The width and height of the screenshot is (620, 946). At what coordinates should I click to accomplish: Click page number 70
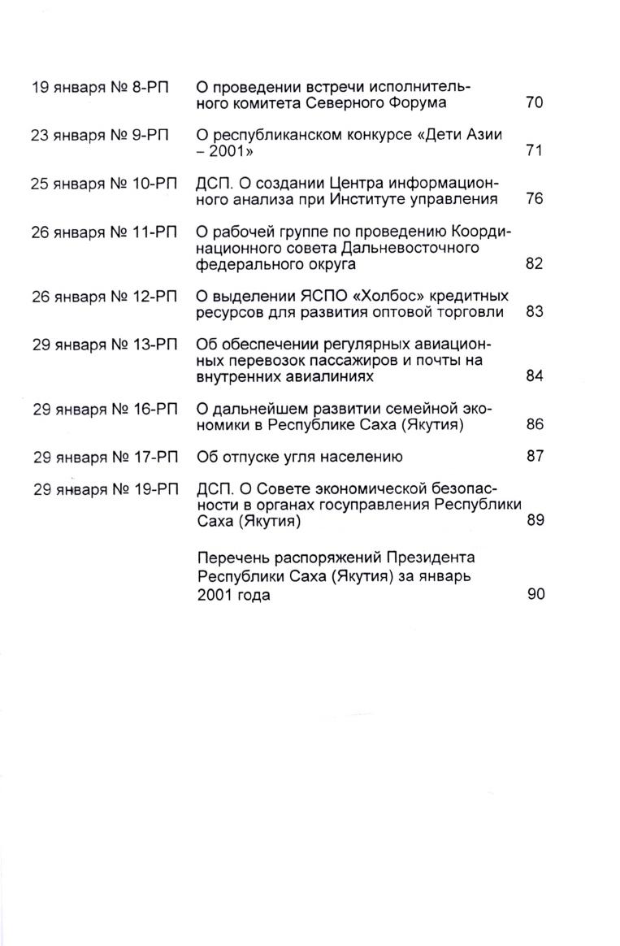pos(534,103)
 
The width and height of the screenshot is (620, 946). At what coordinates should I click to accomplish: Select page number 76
pos(534,199)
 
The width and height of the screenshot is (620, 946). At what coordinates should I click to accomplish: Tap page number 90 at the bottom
pos(535,595)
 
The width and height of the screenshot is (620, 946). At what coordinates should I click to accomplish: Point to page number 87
pos(534,457)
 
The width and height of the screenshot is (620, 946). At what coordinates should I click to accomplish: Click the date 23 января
pos(67,136)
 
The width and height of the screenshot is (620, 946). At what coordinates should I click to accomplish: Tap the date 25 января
pos(67,184)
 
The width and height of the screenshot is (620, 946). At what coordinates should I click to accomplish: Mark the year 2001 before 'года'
pos(214,595)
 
